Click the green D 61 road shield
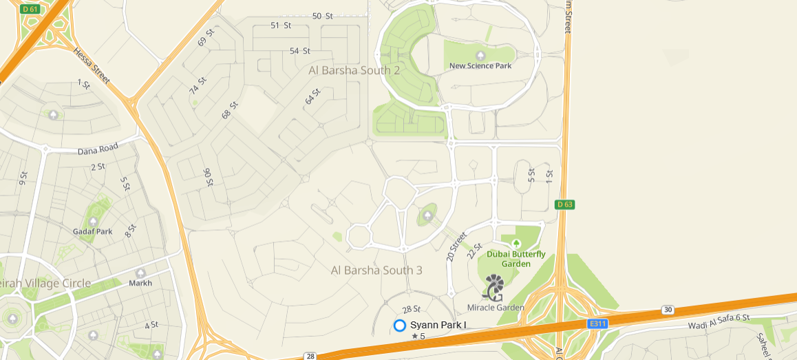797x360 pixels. pos(30,9)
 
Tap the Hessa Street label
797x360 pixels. pos(92,67)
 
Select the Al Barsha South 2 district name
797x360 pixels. pos(354,70)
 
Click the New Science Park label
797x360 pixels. pos(480,66)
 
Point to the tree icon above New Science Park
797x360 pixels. pos(480,55)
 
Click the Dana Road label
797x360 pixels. pos(98,148)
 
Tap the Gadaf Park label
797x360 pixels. pos(92,231)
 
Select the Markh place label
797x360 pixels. pos(140,283)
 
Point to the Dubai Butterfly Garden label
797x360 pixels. pos(516,259)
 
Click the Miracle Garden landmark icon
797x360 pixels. pos(493,287)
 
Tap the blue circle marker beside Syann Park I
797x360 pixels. pos(400,325)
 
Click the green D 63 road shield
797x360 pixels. pos(564,204)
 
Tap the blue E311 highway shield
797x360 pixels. pos(597,323)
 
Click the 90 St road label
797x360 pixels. pos(207,178)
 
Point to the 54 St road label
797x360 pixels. pos(300,51)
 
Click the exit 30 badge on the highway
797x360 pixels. pos(667,310)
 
